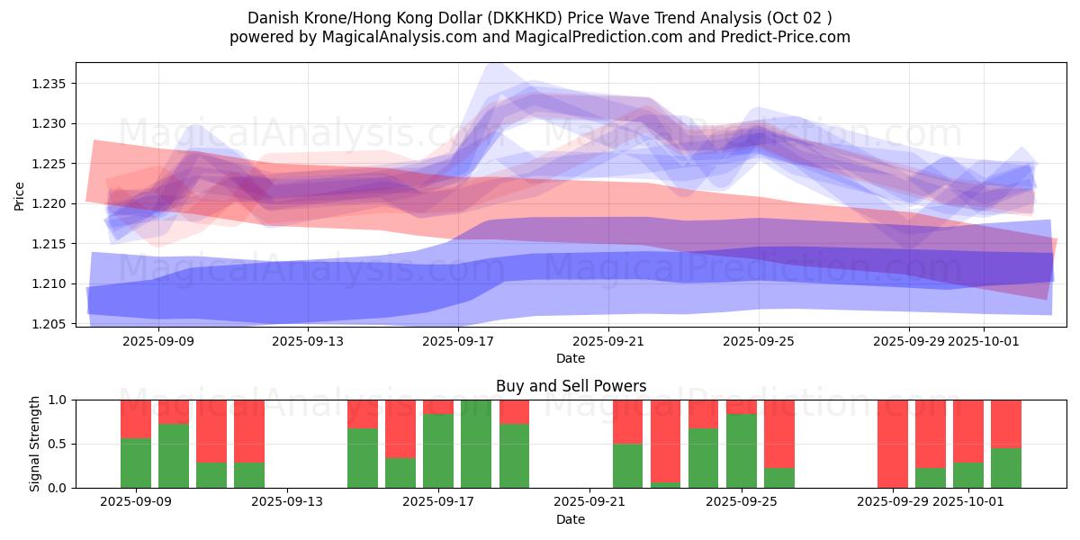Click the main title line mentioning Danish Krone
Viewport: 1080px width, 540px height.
point(539,18)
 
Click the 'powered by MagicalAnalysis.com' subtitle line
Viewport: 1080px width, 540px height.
point(539,37)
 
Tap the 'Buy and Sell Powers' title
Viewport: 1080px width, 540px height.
point(571,386)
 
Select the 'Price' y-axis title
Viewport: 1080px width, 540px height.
point(20,195)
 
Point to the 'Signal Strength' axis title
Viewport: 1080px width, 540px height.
point(35,444)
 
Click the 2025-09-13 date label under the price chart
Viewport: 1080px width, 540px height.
point(309,341)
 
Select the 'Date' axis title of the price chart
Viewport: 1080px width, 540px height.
point(571,358)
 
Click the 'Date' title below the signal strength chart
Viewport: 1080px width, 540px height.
point(571,519)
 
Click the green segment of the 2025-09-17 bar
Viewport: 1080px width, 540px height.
point(438,451)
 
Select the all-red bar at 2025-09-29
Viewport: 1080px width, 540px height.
point(893,444)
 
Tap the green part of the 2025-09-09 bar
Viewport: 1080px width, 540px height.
point(136,463)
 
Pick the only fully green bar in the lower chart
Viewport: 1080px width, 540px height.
point(476,444)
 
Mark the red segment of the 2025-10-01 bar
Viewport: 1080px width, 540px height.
point(968,431)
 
